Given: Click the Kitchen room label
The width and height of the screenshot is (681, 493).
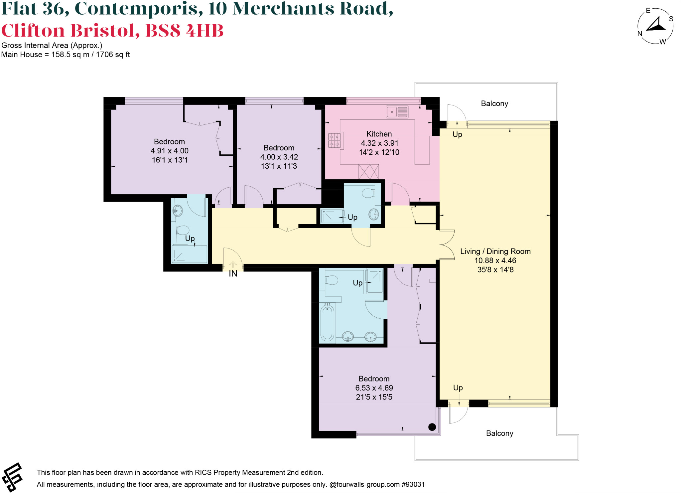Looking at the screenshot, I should (379, 134).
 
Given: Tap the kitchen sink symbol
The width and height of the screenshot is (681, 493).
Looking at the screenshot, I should (397, 112).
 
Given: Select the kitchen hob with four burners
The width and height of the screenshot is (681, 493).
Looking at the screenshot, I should (335, 140).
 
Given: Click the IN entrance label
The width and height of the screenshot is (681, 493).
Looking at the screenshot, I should (233, 274).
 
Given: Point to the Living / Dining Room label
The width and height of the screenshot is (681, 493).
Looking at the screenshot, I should (495, 251).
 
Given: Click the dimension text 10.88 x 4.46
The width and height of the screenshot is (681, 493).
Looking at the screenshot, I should (495, 261).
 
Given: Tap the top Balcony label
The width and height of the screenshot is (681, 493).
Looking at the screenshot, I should (494, 103).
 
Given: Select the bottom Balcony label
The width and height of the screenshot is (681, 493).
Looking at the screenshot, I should (499, 433).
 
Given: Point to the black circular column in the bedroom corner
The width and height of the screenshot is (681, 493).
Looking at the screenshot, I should (432, 427).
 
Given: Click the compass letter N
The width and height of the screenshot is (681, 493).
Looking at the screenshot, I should (639, 34).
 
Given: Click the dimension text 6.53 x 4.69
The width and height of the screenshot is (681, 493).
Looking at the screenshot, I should (374, 388).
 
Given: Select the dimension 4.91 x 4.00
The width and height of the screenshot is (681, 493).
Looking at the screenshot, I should (169, 151).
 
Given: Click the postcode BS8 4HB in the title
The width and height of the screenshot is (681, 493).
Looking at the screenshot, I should (184, 31).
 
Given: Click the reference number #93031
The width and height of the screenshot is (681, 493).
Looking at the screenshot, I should (413, 484).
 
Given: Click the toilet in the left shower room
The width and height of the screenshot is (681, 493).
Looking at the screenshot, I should (183, 230).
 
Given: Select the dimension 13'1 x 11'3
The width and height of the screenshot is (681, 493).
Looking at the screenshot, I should (279, 166).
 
